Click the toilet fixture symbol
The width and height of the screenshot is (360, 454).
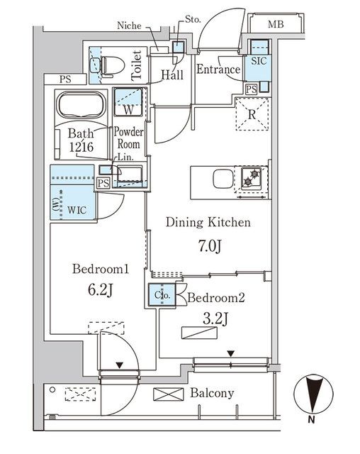(x=107, y=65)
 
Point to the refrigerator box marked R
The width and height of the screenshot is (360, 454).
(x=252, y=114)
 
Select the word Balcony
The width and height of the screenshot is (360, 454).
(x=213, y=393)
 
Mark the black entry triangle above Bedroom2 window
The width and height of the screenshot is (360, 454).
(x=232, y=353)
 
